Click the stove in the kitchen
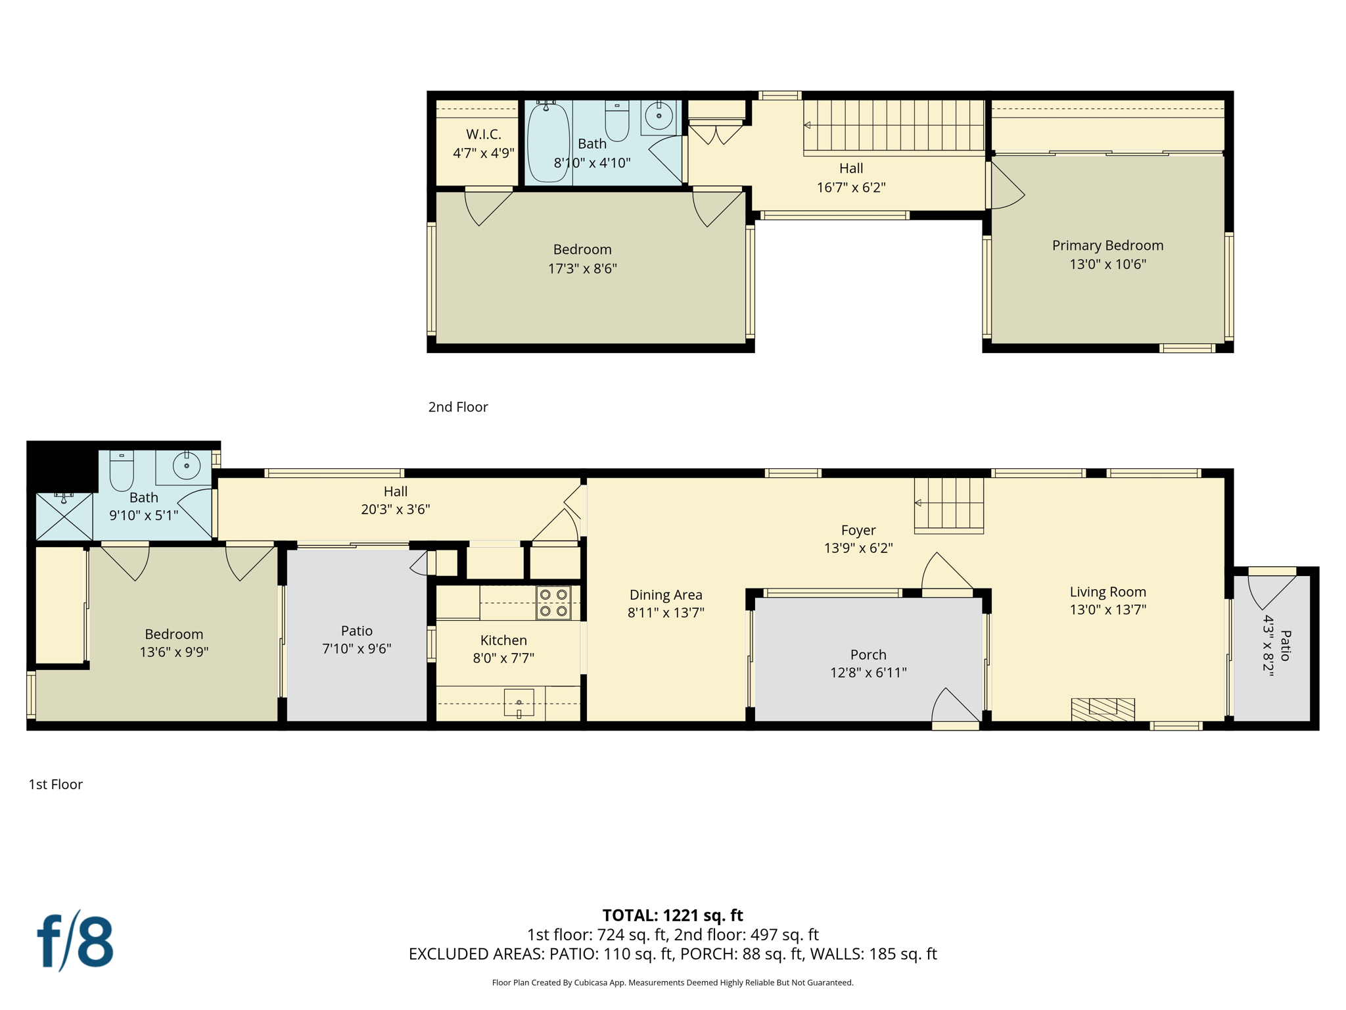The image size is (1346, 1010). (x=553, y=603)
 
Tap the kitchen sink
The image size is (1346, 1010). (x=519, y=704)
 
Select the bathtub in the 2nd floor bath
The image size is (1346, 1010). (x=548, y=143)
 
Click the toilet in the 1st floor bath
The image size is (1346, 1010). (x=122, y=471)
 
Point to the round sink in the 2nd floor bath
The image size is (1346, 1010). (x=659, y=116)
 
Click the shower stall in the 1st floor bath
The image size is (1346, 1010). (x=64, y=517)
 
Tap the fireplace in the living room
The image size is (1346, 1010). (x=1103, y=709)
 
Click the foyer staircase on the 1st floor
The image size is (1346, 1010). (x=949, y=504)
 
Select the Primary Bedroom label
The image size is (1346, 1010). (x=1107, y=245)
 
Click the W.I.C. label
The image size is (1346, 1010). (x=484, y=134)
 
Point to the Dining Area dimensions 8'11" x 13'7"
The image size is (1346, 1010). (x=666, y=612)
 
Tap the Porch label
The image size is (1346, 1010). (x=868, y=654)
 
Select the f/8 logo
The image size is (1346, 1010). (x=75, y=941)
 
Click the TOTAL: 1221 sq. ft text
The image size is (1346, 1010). (x=672, y=915)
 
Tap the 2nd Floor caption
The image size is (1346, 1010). (x=458, y=407)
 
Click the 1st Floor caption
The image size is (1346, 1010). (x=56, y=784)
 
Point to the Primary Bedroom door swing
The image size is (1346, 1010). (x=1006, y=187)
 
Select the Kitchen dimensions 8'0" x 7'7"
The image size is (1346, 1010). (x=503, y=658)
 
